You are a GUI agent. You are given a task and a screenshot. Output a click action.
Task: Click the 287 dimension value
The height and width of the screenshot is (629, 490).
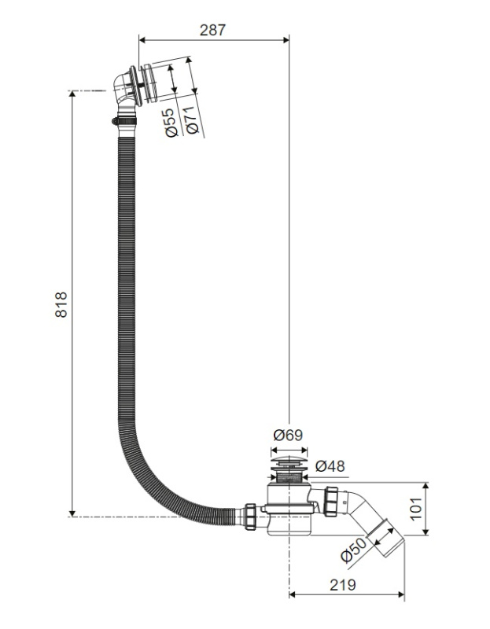212,30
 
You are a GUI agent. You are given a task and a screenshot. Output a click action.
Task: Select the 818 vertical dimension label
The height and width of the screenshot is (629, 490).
61,304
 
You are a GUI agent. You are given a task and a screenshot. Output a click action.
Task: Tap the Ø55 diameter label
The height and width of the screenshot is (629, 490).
171,123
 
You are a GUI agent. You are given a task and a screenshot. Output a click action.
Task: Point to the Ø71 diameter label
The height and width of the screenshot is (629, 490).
192,120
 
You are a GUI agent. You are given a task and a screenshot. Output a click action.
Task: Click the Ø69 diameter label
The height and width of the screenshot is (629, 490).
288,435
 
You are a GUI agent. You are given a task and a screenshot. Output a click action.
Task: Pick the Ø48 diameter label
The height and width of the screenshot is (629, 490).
330,465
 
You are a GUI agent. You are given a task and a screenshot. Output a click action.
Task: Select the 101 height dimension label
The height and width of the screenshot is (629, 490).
417,509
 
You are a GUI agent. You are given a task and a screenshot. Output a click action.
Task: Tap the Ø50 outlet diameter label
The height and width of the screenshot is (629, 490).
353,550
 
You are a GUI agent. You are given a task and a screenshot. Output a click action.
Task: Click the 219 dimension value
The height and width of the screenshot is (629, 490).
343,585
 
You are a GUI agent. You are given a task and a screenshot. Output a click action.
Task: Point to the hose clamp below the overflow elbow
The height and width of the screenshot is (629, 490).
124,121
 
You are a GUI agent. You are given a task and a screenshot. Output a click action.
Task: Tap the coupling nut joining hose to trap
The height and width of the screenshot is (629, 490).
250,517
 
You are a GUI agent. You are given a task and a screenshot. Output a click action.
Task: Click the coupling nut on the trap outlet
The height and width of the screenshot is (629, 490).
332,500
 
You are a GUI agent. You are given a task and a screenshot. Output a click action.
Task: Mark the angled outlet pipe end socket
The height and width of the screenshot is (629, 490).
385,538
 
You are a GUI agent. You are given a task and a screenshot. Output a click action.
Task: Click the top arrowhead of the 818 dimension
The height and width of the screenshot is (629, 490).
72,94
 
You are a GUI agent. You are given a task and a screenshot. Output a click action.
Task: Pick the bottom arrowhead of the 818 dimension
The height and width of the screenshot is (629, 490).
72,513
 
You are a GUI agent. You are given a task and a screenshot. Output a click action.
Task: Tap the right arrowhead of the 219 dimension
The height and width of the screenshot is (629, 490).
401,594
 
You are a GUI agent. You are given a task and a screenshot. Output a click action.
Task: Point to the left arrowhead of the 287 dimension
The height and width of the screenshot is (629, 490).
142,39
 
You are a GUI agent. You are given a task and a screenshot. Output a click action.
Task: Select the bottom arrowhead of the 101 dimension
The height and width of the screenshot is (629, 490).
426,532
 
